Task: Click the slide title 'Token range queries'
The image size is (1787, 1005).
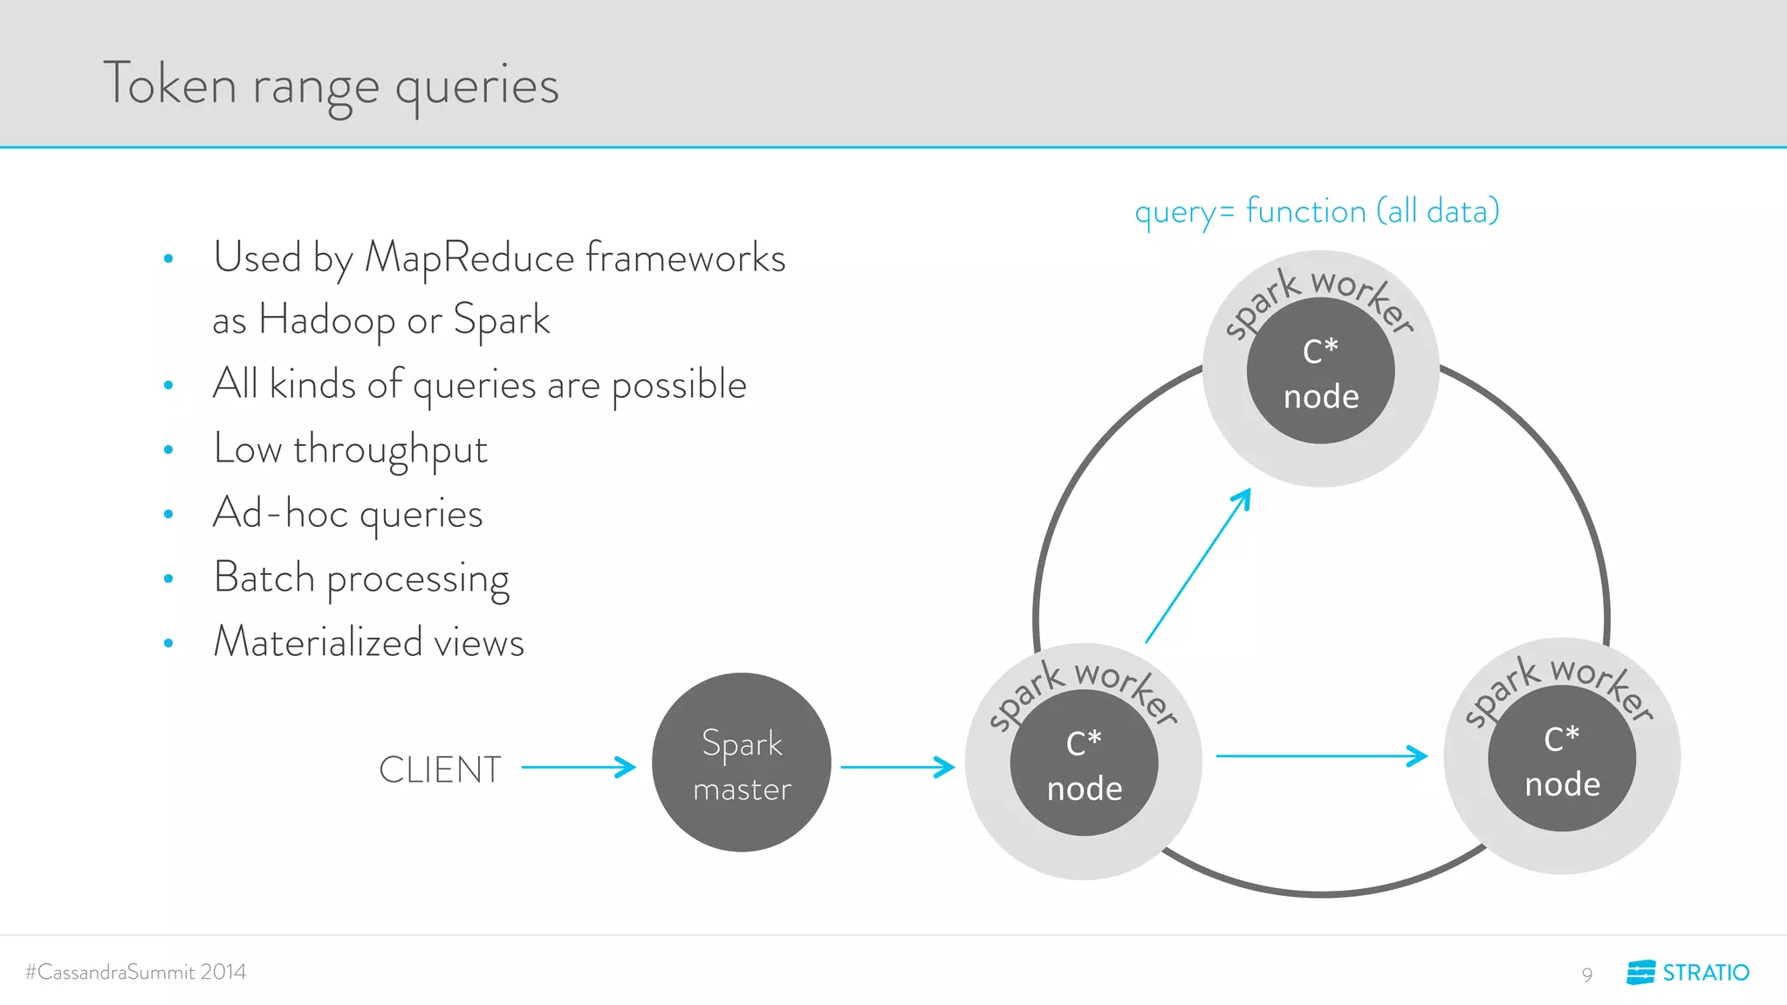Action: point(331,85)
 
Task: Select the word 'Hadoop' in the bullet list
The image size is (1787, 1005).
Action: point(327,320)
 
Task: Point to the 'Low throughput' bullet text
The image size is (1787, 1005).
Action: point(350,449)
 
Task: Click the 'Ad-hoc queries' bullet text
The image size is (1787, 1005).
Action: point(347,514)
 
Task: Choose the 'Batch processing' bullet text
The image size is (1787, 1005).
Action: point(361,578)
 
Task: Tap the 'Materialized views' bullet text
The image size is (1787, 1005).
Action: point(368,642)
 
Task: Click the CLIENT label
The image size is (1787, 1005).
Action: point(440,769)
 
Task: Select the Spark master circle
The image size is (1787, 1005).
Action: point(742,762)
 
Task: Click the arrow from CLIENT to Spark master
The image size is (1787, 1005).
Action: point(579,768)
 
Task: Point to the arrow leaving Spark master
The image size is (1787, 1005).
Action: point(897,768)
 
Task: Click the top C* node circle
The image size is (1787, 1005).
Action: point(1320,372)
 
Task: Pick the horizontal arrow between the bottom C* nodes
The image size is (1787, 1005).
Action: point(1321,755)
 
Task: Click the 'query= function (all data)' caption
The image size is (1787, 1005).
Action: point(1317,212)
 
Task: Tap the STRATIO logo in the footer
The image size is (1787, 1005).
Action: point(1688,972)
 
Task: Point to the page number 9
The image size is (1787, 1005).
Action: point(1587,974)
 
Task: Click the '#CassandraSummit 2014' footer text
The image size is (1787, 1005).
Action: point(136,972)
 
